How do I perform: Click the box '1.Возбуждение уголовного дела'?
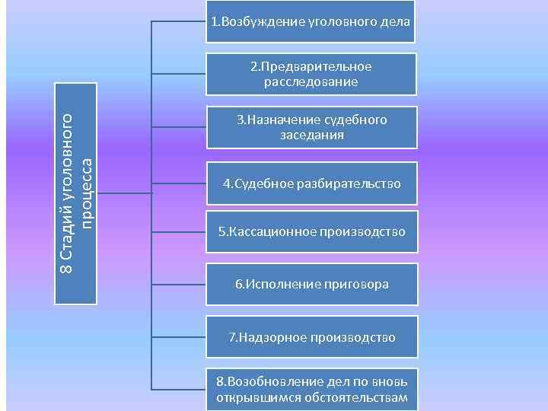311,21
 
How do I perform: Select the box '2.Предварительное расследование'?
311,74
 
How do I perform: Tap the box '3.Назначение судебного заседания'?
311,127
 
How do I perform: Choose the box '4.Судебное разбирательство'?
311,184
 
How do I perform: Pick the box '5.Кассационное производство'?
311,231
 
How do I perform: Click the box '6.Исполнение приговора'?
311,284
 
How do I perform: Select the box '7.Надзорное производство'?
311,336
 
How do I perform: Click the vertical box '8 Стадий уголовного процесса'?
76,193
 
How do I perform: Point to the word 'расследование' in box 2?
311,81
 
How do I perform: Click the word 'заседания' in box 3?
311,135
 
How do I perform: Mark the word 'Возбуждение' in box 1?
250,21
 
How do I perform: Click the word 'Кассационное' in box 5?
266,231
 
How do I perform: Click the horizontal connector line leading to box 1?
179,21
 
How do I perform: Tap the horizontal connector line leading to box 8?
179,390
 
